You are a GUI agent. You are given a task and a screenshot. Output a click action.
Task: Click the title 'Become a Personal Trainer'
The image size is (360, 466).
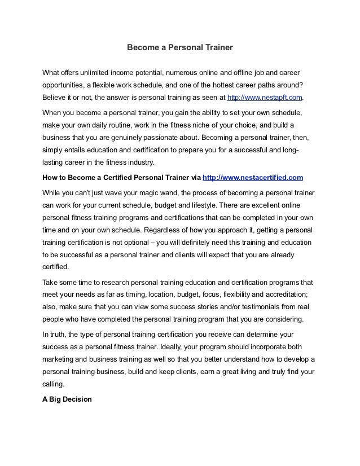[179, 48]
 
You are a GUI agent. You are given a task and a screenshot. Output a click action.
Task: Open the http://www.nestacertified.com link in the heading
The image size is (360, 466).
[253, 178]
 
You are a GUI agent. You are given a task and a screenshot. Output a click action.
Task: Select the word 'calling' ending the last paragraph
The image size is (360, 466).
[55, 384]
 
